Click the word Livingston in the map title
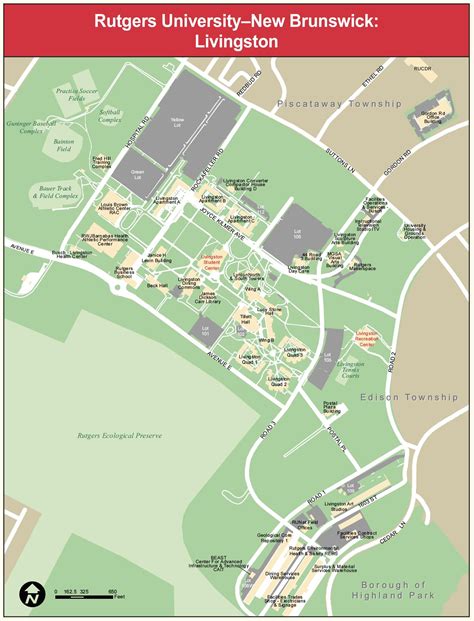[x=237, y=41]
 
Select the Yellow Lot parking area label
[x=178, y=121]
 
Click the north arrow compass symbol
[x=33, y=593]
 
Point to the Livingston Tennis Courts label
[x=351, y=369]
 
